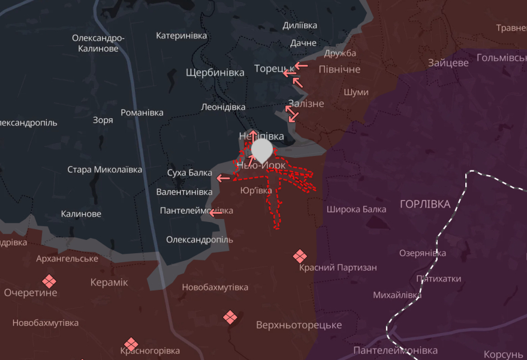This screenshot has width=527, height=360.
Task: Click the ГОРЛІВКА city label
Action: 424,205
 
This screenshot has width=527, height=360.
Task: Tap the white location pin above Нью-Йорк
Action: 261,149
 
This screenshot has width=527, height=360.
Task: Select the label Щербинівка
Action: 215,73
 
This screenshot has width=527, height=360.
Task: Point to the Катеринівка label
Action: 181,36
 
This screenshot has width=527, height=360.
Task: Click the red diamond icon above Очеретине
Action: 49,281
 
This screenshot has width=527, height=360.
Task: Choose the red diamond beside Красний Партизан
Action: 300,256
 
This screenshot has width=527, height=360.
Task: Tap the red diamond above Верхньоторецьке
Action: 230,317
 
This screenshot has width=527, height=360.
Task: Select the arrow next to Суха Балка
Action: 223,178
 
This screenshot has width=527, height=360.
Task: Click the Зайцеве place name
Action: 448,63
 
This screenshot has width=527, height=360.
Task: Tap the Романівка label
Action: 142,113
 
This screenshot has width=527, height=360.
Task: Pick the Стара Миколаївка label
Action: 105,170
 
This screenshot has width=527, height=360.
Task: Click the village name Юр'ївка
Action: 255,191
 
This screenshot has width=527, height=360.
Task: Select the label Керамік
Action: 109,283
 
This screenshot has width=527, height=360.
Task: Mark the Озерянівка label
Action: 422,253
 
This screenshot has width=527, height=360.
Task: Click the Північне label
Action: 339,70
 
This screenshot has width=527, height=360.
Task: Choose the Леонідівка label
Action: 223,107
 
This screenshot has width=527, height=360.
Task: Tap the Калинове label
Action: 81,214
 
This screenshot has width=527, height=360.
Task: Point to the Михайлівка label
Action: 397,295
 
